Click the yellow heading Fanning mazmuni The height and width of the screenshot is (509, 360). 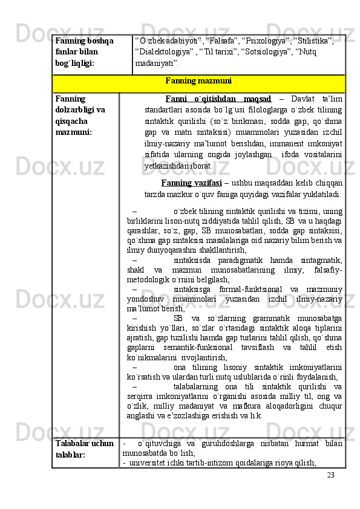(199, 80)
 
